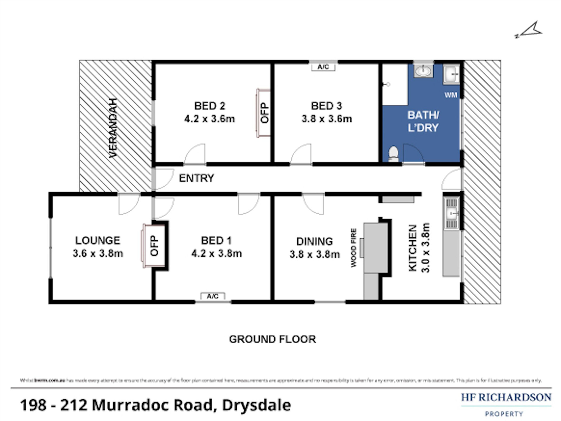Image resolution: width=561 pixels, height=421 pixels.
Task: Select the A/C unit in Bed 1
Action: [213, 296]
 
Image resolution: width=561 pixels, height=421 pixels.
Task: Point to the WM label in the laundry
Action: [451, 95]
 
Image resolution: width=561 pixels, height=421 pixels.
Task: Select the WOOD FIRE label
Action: [353, 248]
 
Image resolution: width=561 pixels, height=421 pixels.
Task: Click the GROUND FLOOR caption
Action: [272, 339]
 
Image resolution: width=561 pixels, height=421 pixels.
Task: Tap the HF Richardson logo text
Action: [506, 397]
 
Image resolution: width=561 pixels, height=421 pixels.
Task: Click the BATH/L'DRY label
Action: [423, 121]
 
